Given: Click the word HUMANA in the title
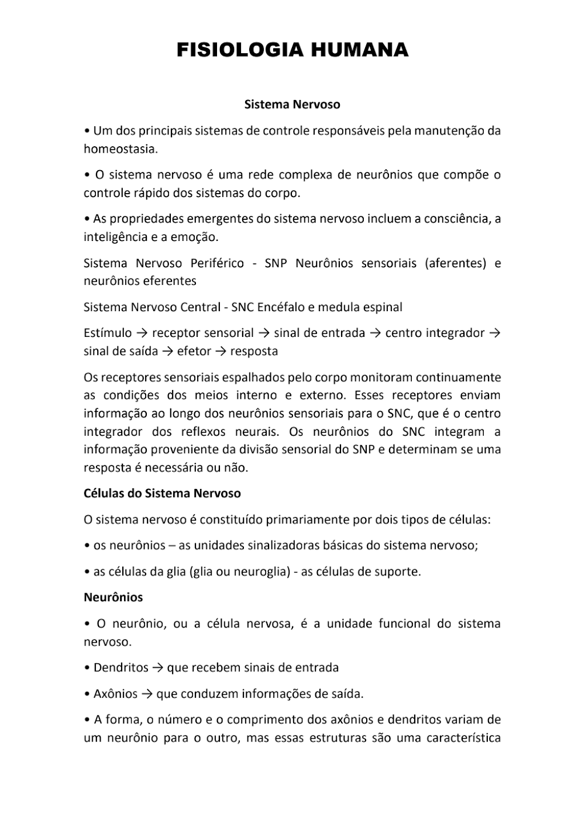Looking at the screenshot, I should (x=360, y=50).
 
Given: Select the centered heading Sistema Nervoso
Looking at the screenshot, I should (x=292, y=105).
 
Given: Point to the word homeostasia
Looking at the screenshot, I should (x=120, y=149).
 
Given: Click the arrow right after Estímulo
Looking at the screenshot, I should (x=142, y=333).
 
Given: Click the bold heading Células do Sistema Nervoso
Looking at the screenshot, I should (x=162, y=493).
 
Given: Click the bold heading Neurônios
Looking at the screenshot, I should (x=113, y=597).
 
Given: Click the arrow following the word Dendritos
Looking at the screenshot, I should (x=157, y=667).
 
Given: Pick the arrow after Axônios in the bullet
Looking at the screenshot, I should (x=147, y=694).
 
